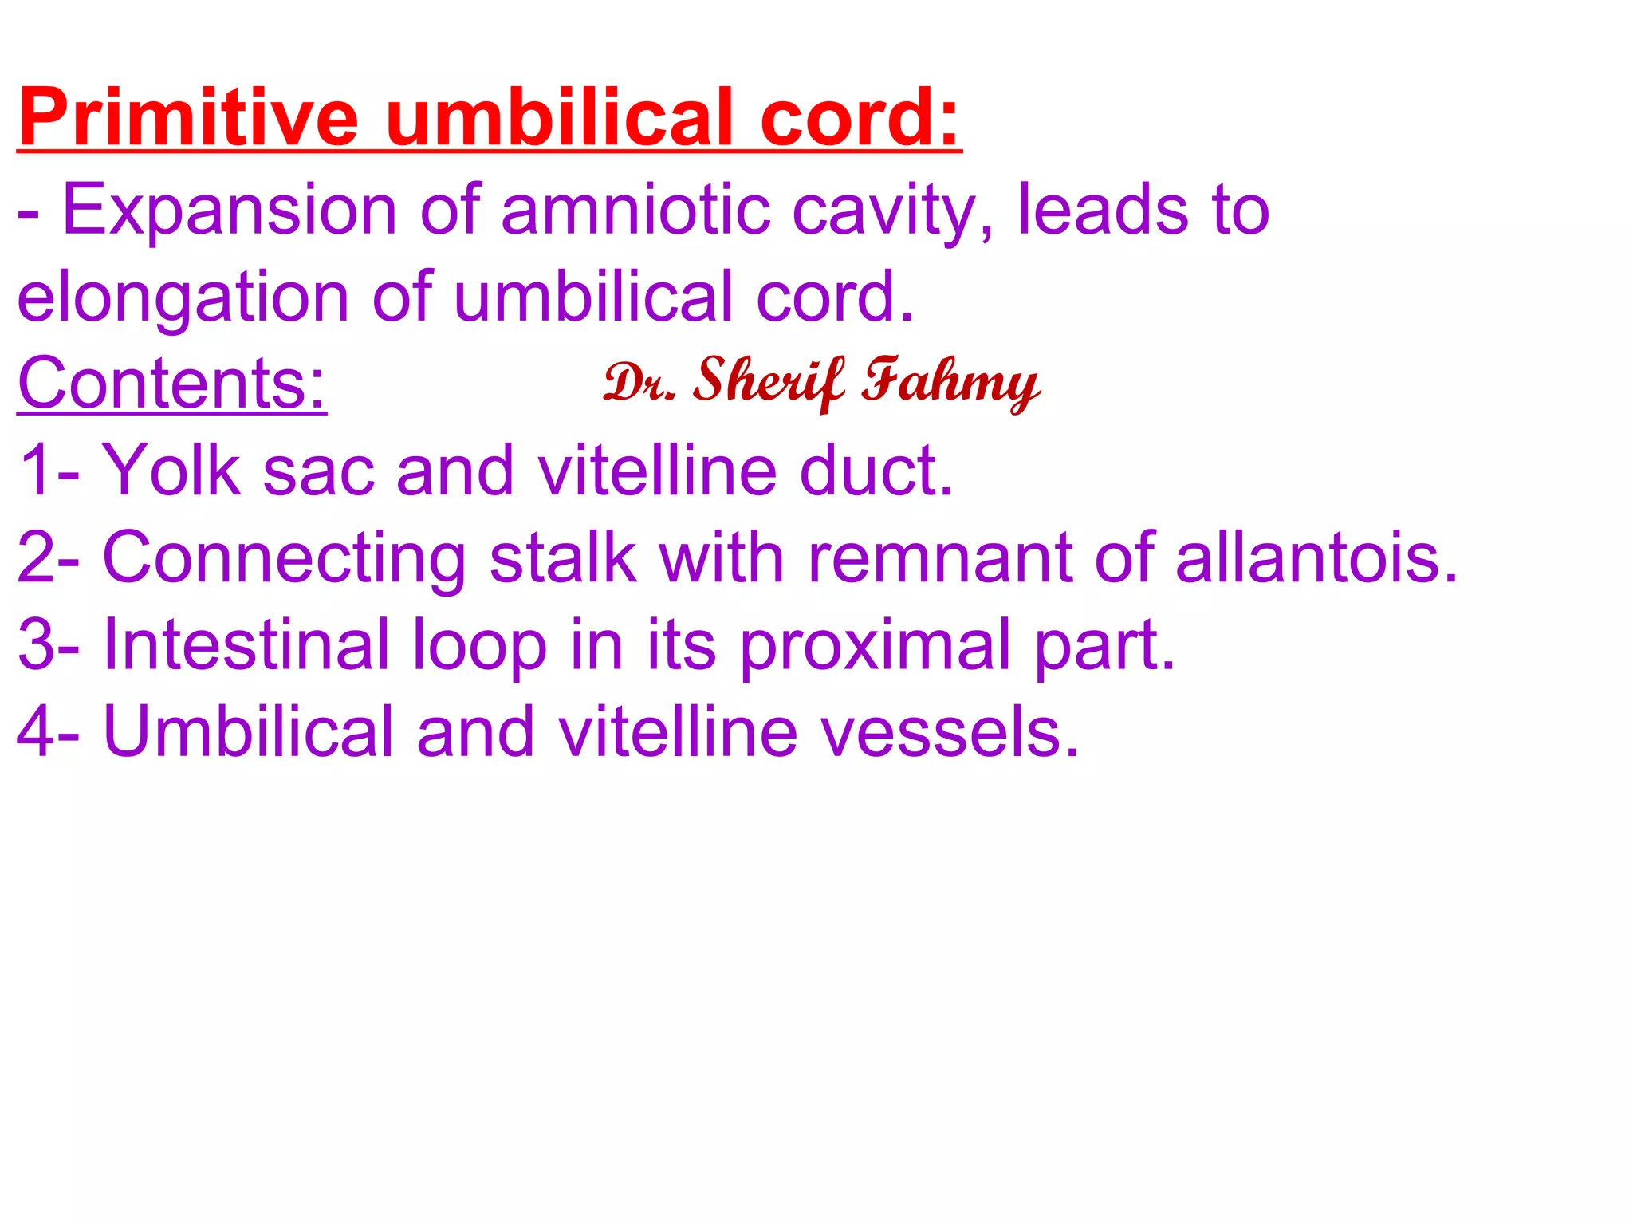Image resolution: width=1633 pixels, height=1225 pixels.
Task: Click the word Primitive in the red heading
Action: [188, 118]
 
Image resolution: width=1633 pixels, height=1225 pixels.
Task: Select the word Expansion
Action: [230, 211]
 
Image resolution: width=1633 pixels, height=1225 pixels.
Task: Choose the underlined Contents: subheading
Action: [171, 384]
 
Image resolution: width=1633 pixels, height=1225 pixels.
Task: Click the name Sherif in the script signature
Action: [767, 382]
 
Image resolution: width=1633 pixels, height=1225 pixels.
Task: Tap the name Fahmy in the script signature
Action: [950, 384]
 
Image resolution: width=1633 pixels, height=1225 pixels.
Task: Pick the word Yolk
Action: [171, 471]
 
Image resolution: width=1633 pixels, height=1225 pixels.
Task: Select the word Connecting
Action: [284, 559]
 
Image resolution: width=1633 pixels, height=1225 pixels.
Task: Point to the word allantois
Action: [1316, 557]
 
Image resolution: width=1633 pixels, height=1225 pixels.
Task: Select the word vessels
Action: [949, 732]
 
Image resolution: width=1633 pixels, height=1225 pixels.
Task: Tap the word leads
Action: [1103, 211]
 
